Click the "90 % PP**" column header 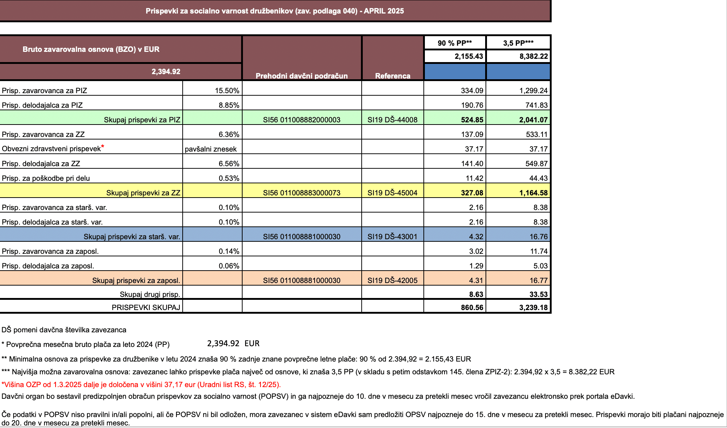pos(454,43)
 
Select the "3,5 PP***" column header pos(518,43)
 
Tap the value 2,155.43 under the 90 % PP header pos(469,56)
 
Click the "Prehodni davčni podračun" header pos(301,76)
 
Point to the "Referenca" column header pos(393,76)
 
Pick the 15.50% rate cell pos(227,91)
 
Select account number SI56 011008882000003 pos(301,120)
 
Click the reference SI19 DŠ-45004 pos(392,193)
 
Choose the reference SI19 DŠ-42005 pos(392,280)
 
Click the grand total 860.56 pos(472,307)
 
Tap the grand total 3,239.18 pos(533,307)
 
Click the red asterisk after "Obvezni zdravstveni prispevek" pos(103,146)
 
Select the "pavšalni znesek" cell pos(211,149)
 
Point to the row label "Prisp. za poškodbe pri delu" pos(46,178)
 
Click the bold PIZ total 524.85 pos(472,120)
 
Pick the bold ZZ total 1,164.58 pos(533,193)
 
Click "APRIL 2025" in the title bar pos(384,11)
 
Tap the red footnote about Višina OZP pos(141,385)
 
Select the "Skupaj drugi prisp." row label pos(150,294)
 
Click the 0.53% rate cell pos(229,178)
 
